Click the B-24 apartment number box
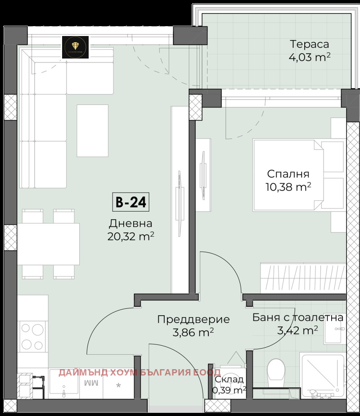(x=130, y=202)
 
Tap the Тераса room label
(x=309, y=44)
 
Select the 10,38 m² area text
(x=289, y=187)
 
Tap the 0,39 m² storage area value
(x=229, y=390)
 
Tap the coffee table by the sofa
(x=93, y=131)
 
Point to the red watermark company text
(x=139, y=372)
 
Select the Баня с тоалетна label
(x=297, y=317)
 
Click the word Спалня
(x=288, y=174)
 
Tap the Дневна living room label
(x=130, y=223)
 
